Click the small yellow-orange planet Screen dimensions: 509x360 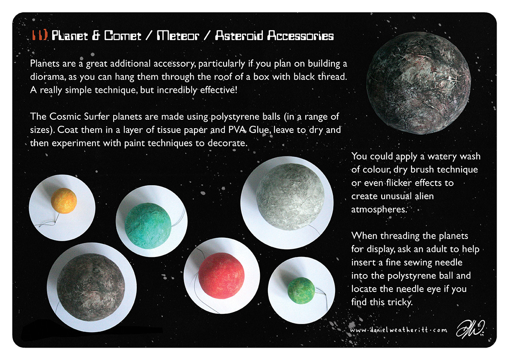pos(64,201)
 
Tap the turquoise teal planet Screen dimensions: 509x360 pos(148,226)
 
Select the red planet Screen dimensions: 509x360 pos(221,276)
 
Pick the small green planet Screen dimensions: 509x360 pos(301,291)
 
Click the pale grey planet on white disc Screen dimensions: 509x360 pos(290,197)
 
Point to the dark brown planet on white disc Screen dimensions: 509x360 pos(91,287)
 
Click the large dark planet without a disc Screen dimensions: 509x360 pos(418,83)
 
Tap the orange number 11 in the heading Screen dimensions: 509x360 pos(40,35)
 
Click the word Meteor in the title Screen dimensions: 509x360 pos(178,35)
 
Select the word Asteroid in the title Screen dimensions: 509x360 pos(239,35)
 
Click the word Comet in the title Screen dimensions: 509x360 pos(123,35)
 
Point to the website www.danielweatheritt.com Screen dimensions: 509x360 pos(399,330)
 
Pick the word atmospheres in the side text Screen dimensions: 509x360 pos(379,210)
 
